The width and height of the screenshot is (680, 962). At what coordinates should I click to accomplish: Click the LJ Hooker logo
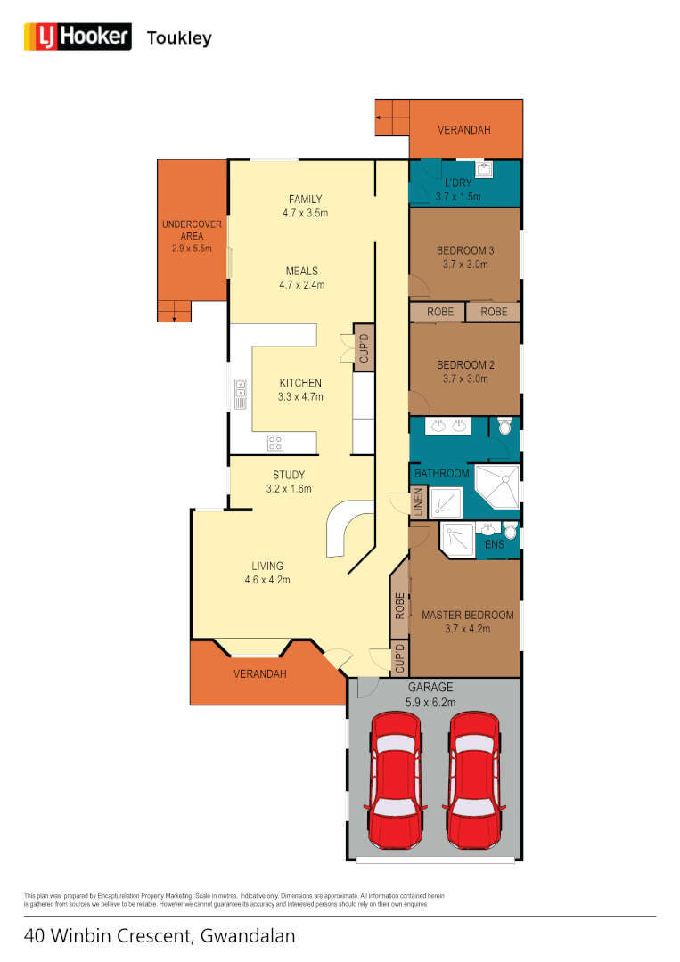pos(77,37)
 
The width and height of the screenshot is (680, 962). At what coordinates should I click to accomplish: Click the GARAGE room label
pos(431,688)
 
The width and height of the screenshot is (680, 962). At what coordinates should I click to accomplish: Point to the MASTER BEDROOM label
pos(467,616)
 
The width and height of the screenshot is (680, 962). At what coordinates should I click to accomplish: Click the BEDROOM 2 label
pos(465,365)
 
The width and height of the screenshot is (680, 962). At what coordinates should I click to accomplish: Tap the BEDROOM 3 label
pos(465,251)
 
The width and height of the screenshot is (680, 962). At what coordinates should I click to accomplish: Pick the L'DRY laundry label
pos(458,183)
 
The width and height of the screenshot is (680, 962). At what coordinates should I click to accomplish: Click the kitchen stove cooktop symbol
pos(275,441)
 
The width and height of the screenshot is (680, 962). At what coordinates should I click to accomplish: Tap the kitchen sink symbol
pos(241,394)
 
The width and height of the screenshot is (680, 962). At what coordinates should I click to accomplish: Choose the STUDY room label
pos(289,475)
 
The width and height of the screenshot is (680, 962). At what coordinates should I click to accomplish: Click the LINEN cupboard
pos(417,504)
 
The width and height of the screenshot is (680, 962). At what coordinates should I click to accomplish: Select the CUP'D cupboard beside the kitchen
pos(364,346)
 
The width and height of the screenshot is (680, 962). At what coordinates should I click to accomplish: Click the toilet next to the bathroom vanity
pos(505,428)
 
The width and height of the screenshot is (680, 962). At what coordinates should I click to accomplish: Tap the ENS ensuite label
pos(494,543)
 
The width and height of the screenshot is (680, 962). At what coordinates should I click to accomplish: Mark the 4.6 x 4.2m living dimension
pos(267,580)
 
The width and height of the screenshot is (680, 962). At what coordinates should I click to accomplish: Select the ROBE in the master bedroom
pos(400,606)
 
